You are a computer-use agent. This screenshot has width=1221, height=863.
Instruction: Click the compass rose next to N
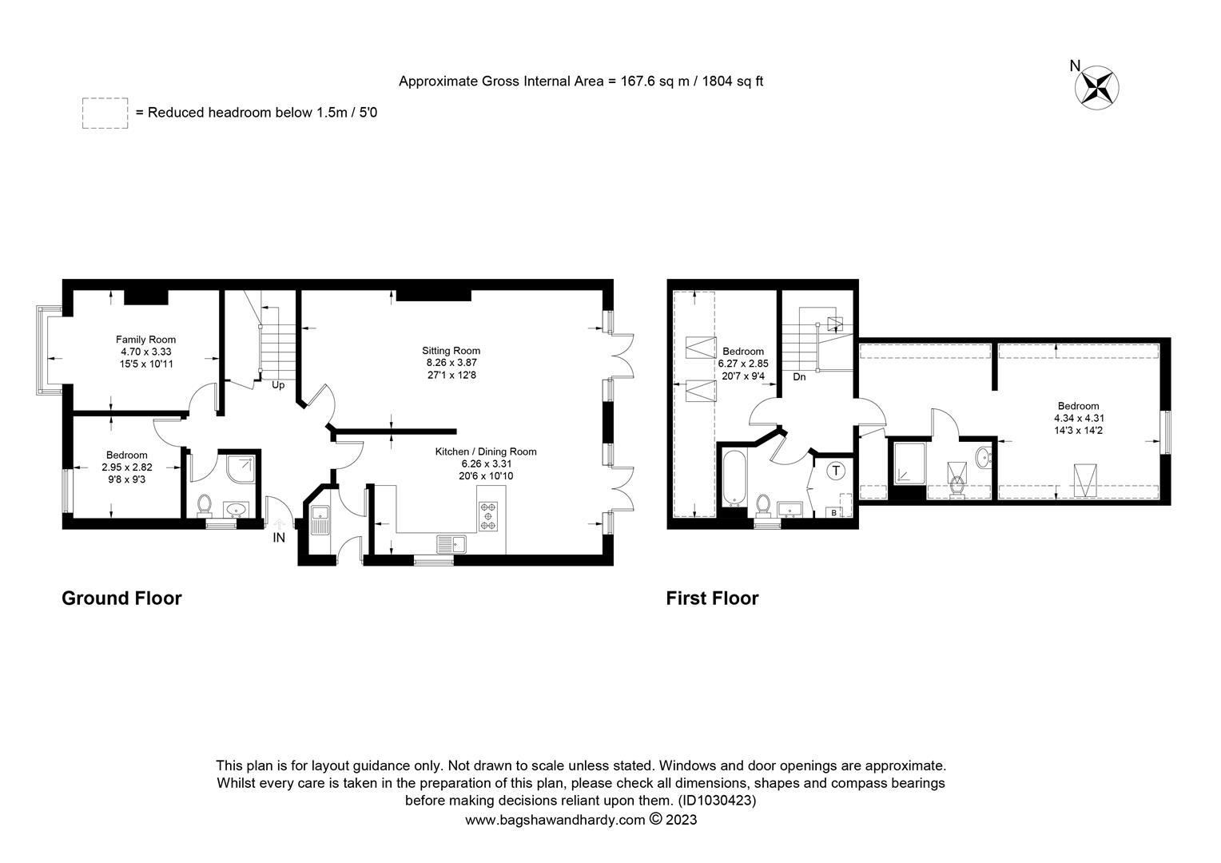1099,86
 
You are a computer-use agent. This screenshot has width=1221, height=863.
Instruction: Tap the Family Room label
145,340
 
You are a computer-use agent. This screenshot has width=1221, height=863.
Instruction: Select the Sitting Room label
451,351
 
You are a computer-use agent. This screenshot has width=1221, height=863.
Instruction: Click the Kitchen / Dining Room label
485,451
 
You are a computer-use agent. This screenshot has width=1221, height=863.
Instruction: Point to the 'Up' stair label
278,385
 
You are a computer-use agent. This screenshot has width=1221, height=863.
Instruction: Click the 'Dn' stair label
799,376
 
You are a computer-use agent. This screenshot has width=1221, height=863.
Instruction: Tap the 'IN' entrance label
279,538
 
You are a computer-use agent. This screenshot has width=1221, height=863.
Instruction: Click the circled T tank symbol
836,471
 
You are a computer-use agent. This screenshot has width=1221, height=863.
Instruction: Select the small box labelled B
834,512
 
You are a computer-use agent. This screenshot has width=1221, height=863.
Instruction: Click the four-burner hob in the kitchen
487,515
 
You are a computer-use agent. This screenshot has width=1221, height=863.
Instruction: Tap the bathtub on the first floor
734,479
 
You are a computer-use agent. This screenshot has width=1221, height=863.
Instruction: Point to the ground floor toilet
204,504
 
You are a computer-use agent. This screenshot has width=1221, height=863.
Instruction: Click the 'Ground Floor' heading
121,599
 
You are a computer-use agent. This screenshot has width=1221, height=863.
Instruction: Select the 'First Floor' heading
712,599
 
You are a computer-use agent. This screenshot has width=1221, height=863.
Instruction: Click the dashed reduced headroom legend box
105,113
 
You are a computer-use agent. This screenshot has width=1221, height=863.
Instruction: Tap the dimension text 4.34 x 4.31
1078,418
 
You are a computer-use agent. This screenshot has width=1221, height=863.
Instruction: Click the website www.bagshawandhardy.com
555,820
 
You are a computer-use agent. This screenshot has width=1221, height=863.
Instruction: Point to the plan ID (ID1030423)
717,800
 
